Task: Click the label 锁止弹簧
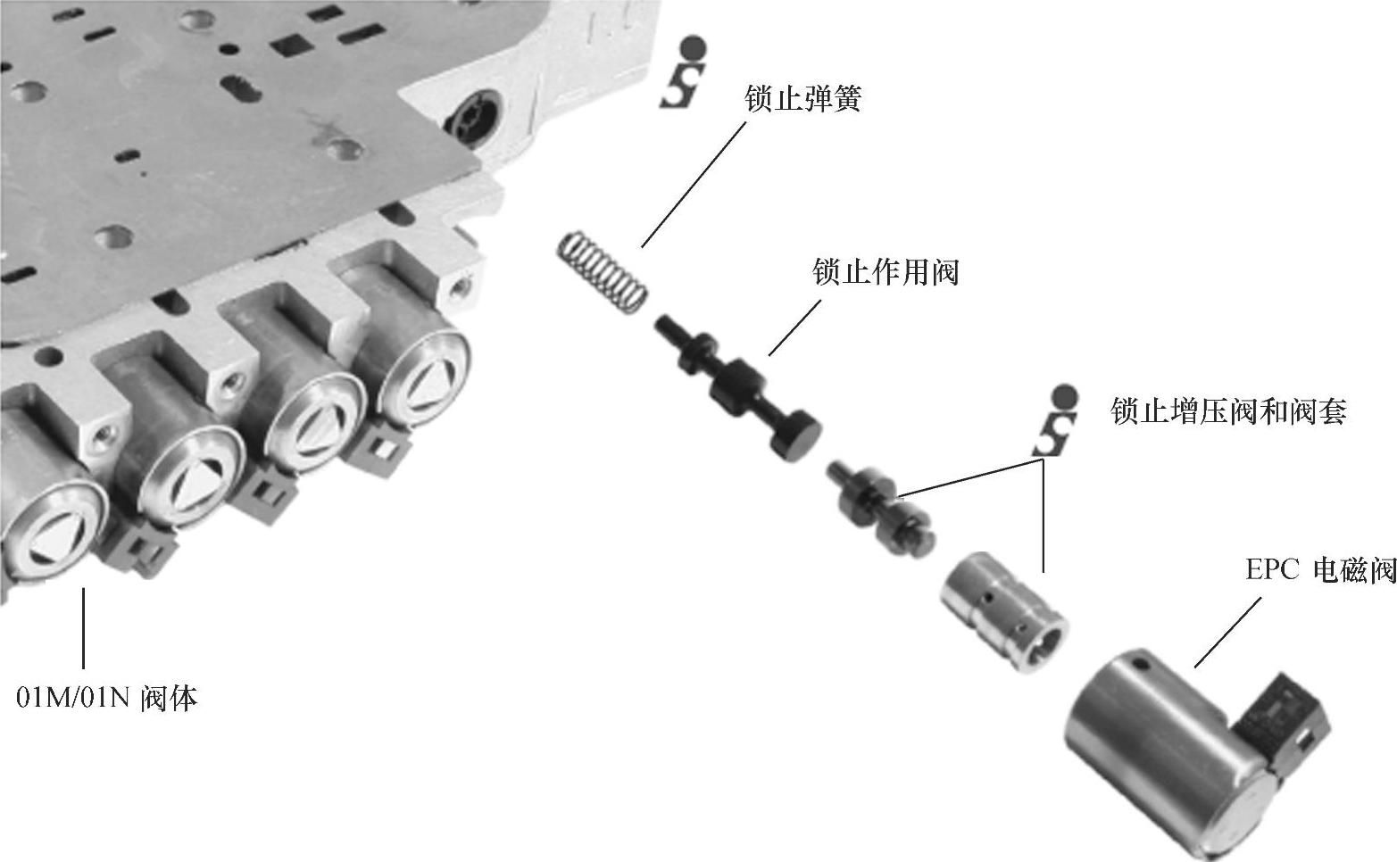802,98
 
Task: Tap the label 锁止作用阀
886,272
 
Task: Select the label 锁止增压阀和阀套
1228,411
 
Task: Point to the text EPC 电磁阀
1320,570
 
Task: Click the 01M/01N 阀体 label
106,698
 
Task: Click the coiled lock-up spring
602,272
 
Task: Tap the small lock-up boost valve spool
880,508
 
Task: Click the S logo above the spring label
683,73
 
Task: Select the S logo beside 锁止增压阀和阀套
1055,420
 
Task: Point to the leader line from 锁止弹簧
694,185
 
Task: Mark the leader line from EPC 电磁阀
1227,632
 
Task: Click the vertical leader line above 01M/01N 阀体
83,628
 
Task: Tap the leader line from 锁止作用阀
794,327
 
